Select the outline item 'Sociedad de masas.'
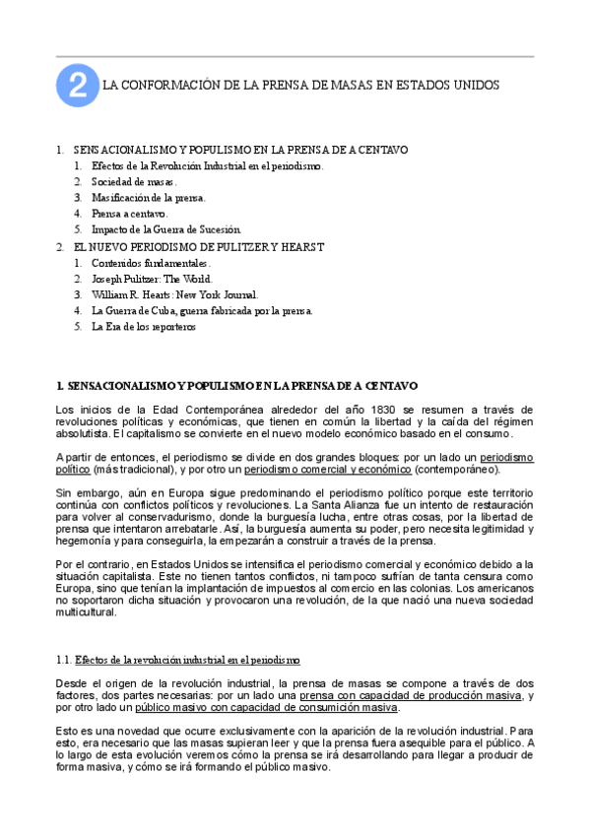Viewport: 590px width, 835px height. [x=134, y=182]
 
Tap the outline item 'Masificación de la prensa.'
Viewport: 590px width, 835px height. [x=149, y=197]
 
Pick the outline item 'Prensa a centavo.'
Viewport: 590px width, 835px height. [x=130, y=213]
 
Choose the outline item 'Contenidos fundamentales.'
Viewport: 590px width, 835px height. [x=151, y=264]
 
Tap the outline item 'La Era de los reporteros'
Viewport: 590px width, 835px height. [x=144, y=326]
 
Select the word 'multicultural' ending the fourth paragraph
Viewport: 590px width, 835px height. [x=87, y=610]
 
